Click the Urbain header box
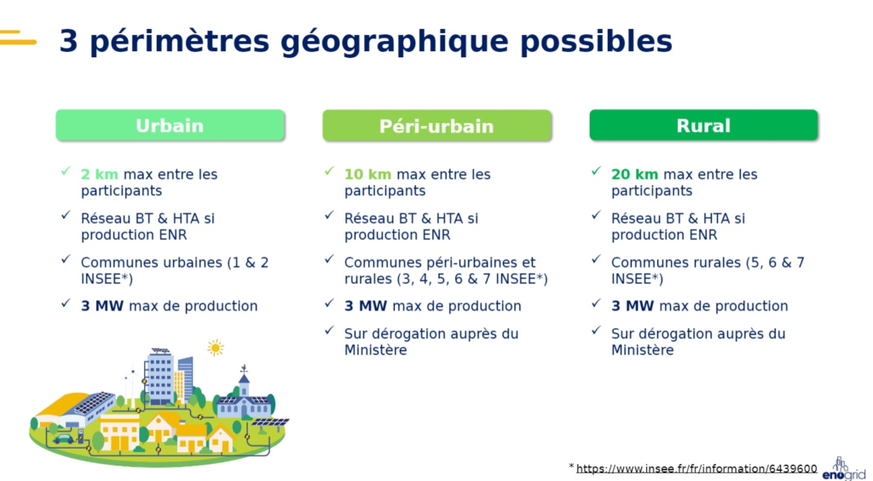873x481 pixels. click(x=170, y=125)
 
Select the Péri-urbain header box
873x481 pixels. click(x=436, y=125)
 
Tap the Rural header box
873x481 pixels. click(x=703, y=125)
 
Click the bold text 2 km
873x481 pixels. click(x=100, y=175)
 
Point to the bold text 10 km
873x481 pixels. click(x=367, y=175)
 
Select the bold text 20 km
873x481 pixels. click(x=634, y=175)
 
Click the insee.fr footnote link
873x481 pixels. click(x=697, y=469)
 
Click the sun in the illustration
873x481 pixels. click(x=215, y=347)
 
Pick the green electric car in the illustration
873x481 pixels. click(x=64, y=438)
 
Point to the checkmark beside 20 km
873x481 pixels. click(x=597, y=172)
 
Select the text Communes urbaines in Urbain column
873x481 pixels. click(x=150, y=263)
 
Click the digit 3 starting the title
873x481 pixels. click(x=68, y=41)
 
